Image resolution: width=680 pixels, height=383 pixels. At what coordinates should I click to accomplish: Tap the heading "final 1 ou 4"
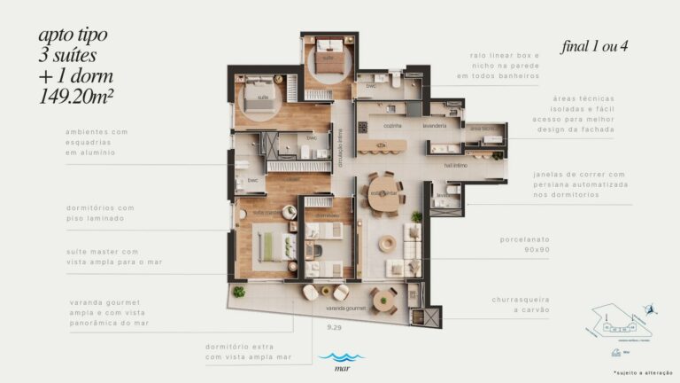[594, 45]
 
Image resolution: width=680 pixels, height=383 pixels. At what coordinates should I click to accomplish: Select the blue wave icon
[334, 357]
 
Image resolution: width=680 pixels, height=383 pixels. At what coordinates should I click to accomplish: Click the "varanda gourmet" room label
[345, 308]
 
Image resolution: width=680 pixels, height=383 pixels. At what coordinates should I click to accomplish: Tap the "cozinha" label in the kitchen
[381, 127]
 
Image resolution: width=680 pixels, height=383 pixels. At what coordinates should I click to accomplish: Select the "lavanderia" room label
[434, 127]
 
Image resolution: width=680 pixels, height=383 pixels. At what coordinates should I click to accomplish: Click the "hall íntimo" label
[455, 165]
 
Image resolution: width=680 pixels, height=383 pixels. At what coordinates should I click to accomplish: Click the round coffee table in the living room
[387, 243]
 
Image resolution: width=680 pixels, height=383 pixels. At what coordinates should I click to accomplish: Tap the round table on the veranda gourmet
[384, 300]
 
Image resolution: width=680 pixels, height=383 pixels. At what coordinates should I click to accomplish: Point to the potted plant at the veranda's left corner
[238, 292]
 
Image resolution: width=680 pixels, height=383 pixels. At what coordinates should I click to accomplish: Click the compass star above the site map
[652, 309]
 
